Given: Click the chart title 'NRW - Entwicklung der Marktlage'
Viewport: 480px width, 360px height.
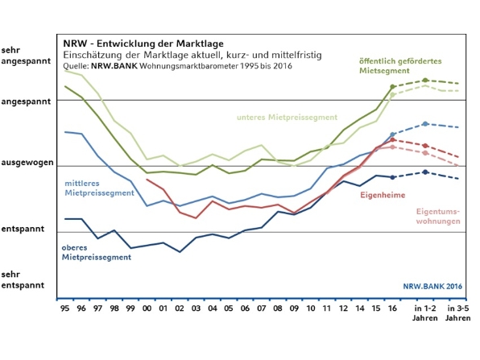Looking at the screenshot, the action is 143,43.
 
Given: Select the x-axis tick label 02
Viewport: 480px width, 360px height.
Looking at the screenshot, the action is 180,308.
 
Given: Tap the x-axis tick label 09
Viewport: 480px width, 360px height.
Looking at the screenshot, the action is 294,308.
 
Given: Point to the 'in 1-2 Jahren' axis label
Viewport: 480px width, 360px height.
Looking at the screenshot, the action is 425,312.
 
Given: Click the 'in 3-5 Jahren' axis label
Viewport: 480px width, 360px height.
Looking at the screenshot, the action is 458,312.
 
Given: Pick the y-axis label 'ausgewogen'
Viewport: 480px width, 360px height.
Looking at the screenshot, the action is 27,163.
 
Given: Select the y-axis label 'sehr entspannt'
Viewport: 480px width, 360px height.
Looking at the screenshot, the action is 23,279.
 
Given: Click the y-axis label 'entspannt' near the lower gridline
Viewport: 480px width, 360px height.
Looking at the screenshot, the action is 23,229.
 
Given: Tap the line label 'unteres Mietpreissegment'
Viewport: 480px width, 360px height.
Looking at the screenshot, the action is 288,118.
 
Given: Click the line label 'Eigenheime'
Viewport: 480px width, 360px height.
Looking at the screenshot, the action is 383,195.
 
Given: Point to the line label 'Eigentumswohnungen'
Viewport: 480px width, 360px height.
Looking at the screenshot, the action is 438,216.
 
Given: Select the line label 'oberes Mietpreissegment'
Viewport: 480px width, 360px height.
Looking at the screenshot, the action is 97,252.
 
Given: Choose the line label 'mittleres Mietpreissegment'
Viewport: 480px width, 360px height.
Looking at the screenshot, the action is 100,188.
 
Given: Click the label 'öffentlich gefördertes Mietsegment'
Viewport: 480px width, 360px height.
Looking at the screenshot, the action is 400,66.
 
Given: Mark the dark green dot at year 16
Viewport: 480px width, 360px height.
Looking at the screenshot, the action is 392,87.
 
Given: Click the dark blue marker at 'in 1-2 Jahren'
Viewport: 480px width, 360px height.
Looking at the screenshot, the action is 425,172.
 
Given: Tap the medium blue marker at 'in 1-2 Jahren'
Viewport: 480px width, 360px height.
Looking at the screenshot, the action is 425,124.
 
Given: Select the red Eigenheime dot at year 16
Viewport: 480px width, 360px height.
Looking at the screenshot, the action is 392,140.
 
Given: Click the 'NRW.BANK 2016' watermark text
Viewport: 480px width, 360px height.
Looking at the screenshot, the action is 432,287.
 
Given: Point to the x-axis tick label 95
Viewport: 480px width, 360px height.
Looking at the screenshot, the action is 65,308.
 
